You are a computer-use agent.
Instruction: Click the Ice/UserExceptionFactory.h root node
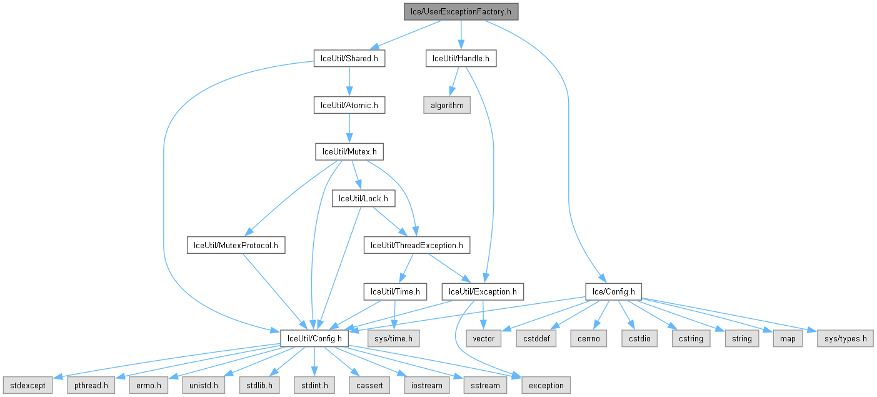click(x=461, y=11)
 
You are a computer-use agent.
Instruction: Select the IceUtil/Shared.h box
click(x=349, y=58)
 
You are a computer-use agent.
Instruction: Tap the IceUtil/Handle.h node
click(x=461, y=58)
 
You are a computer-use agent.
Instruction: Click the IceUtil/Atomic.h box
click(x=349, y=105)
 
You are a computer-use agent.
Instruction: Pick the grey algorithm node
click(x=447, y=105)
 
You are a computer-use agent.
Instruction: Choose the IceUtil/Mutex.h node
click(x=349, y=151)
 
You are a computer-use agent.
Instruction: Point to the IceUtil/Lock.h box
click(x=363, y=198)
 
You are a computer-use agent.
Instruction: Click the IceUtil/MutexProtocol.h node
click(x=236, y=244)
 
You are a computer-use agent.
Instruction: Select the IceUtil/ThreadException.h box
click(x=416, y=244)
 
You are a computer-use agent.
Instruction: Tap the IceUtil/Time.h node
click(x=396, y=291)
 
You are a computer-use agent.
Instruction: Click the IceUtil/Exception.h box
click(x=483, y=291)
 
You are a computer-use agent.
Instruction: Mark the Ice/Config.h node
click(x=613, y=291)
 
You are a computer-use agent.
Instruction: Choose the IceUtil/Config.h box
click(x=314, y=338)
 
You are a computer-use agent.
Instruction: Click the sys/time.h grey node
click(x=393, y=338)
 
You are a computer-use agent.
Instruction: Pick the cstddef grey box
click(x=533, y=338)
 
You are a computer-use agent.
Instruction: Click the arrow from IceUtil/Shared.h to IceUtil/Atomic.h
click(x=349, y=81)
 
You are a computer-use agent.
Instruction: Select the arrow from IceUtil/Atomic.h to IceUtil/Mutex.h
click(x=349, y=128)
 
